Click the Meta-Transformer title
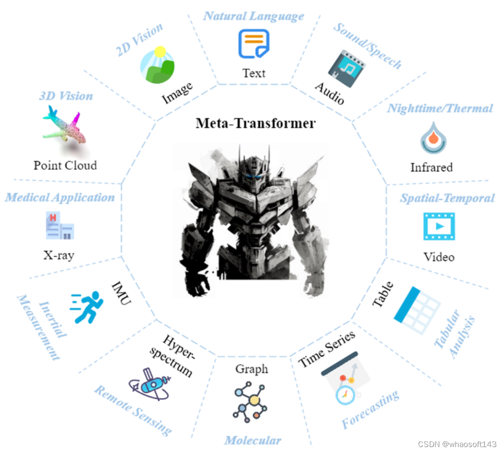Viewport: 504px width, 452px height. (255, 123)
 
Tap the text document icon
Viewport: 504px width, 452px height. (254, 44)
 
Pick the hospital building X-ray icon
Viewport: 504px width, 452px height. (59, 227)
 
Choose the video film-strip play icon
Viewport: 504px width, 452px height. (439, 227)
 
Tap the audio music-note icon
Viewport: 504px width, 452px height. (347, 68)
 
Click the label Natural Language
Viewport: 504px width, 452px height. (253, 16)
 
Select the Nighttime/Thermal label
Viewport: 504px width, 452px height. (440, 108)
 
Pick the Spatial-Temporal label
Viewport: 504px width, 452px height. (447, 198)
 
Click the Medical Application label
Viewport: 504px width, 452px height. (60, 198)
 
